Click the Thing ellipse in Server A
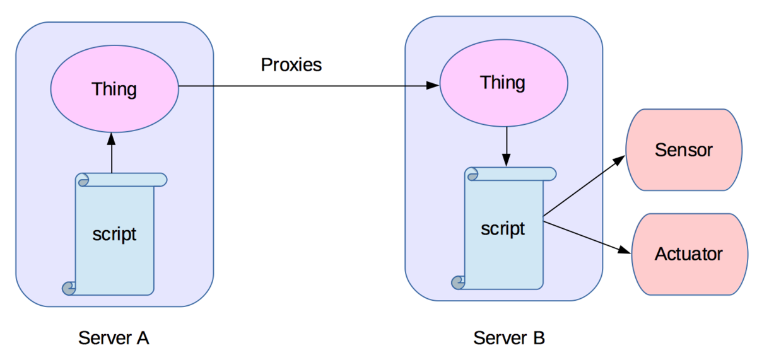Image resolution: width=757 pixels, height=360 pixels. point(114,90)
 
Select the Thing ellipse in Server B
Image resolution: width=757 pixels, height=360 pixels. point(503,83)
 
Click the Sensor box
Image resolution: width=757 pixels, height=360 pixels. point(684,150)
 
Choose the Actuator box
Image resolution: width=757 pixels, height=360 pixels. point(689,254)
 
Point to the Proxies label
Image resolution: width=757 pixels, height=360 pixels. point(291,64)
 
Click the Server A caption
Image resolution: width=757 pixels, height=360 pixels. point(114,338)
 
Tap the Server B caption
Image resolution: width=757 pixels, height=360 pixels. point(509,338)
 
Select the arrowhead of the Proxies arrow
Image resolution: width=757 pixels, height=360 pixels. point(433,85)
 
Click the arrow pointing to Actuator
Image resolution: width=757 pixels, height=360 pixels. point(587,236)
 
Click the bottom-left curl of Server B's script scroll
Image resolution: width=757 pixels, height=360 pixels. point(458,282)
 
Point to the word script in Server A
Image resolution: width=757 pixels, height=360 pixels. point(114,234)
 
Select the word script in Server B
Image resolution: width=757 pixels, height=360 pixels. point(503,228)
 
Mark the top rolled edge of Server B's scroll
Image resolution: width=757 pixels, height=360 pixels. point(510,174)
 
